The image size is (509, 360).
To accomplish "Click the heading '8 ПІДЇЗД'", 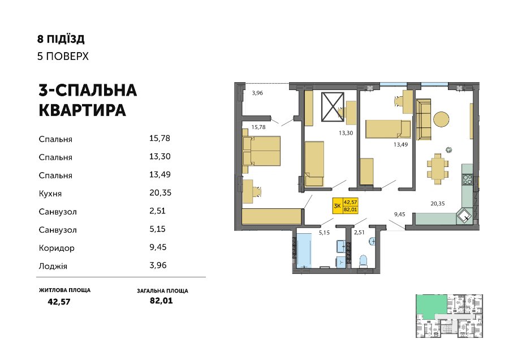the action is [x=61, y=39].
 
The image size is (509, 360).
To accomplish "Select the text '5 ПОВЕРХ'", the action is [x=63, y=56].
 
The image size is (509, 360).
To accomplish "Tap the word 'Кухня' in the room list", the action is [x=50, y=194].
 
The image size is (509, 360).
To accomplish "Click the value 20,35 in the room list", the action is [x=161, y=192].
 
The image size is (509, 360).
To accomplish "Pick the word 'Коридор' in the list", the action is [x=57, y=248].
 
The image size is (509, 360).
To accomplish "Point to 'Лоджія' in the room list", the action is [x=53, y=266].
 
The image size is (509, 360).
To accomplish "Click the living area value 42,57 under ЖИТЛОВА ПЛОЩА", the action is [x=59, y=302].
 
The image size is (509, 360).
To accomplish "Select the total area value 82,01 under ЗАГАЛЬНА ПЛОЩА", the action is [x=161, y=301].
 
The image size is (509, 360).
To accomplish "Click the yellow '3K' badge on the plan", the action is [x=337, y=205].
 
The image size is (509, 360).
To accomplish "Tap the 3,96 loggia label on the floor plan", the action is [x=257, y=93].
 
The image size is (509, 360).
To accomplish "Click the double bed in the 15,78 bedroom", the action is [x=261, y=151].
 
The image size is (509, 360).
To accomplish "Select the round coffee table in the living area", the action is [x=442, y=119].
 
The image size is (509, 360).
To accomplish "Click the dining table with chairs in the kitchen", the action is [x=438, y=169].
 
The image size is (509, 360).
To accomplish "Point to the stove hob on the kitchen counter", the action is [x=468, y=179].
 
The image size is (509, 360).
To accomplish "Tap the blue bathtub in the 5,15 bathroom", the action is [x=304, y=251].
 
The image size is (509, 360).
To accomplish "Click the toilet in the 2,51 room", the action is [x=363, y=262].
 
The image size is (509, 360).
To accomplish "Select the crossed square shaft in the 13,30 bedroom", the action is [x=333, y=107].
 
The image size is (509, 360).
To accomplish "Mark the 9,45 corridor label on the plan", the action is [x=400, y=215].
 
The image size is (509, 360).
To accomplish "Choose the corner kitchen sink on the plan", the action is [x=464, y=216].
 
